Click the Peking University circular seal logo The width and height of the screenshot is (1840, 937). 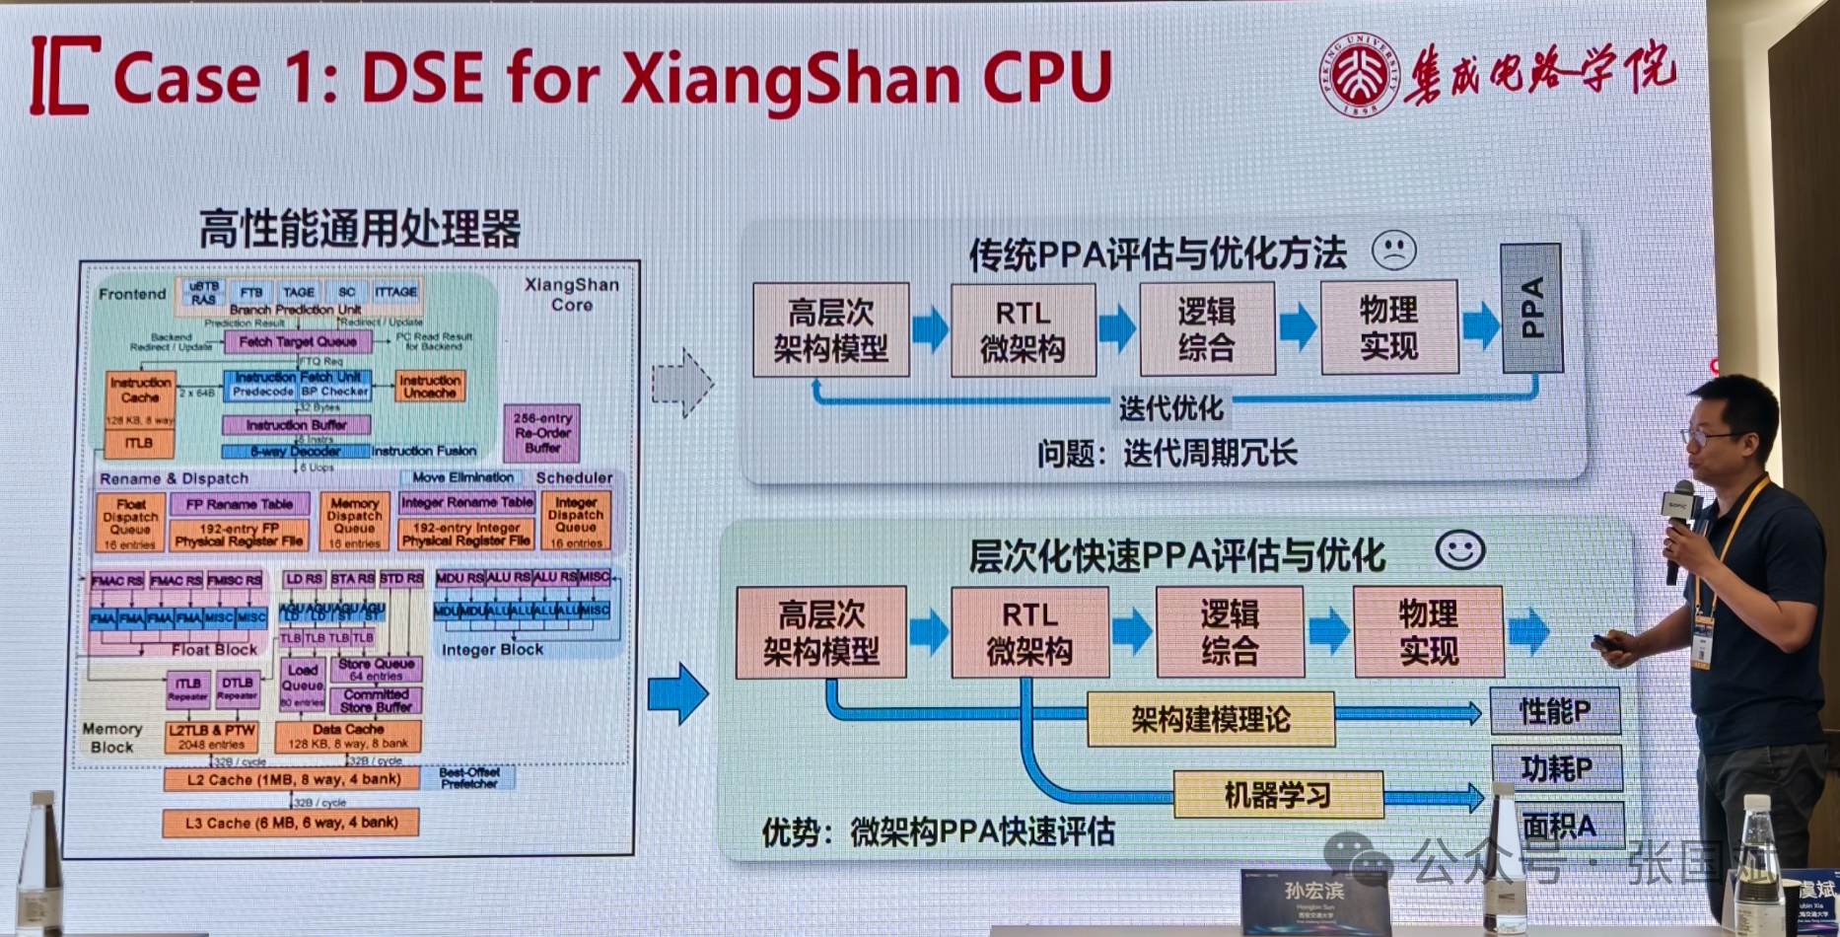[1361, 74]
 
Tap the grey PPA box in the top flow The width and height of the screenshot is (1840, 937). [1530, 308]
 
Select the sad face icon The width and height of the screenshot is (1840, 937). [1393, 251]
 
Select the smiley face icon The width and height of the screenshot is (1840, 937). [1459, 549]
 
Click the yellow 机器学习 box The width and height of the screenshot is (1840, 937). [1277, 794]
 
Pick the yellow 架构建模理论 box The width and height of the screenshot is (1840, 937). [1210, 719]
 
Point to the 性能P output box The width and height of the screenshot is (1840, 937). [1555, 711]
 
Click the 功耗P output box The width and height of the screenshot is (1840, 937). [1556, 768]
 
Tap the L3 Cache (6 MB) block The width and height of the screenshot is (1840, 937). [291, 823]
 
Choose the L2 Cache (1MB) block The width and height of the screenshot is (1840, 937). [292, 779]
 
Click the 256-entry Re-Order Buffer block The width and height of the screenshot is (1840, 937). [541, 433]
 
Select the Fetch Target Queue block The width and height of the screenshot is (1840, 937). [297, 341]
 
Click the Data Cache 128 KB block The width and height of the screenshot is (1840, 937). [347, 736]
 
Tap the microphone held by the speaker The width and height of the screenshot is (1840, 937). [1676, 523]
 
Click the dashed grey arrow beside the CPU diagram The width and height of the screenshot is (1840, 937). [681, 383]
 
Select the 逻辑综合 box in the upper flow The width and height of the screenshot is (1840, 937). [1206, 328]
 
